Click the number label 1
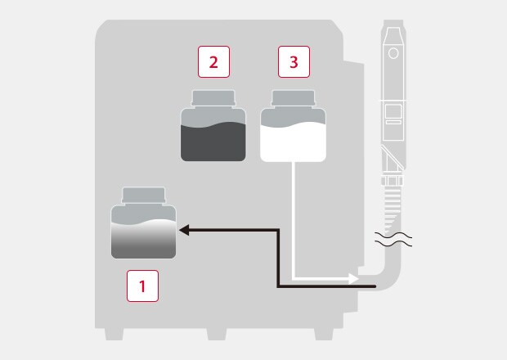(x=142, y=286)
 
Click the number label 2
(x=213, y=62)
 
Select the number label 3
(x=294, y=62)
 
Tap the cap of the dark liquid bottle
(x=213, y=98)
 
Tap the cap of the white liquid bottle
(x=294, y=98)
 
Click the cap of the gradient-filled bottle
(x=144, y=196)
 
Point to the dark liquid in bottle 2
(x=213, y=142)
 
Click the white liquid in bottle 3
(x=293, y=143)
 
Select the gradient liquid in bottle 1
(x=144, y=240)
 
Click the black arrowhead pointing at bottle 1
(x=184, y=230)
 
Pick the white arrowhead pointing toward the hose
(x=353, y=278)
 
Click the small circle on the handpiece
(x=393, y=53)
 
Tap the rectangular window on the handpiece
(x=393, y=111)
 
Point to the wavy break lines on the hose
(x=393, y=240)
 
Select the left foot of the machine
(x=114, y=334)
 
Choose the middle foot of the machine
(x=217, y=334)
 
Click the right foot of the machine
(x=324, y=334)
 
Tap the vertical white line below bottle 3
(x=293, y=220)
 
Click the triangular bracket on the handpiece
(x=393, y=160)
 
